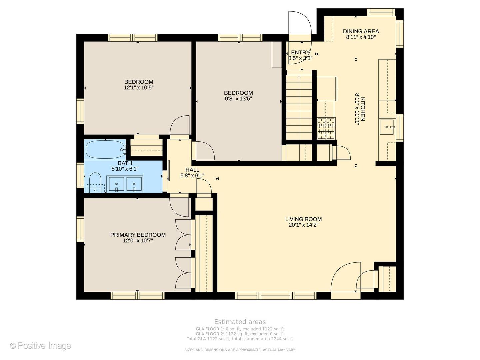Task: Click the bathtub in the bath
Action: coord(105,149)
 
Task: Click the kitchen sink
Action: coord(386,127)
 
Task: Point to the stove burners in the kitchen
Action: coord(326,128)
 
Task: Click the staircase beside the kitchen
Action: coord(299,107)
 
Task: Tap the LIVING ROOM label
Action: coord(303,219)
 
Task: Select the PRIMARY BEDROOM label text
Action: coord(138,235)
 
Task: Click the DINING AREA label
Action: coord(361,31)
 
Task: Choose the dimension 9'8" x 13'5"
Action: coord(238,99)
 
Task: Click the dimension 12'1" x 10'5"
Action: coord(139,88)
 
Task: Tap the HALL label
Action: coord(192,170)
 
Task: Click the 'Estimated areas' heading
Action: coord(240,322)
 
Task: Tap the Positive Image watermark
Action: coord(41,346)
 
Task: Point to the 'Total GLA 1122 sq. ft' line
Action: coord(240,339)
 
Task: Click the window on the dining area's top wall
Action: coord(381,12)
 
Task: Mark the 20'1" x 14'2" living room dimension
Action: coord(303,225)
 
